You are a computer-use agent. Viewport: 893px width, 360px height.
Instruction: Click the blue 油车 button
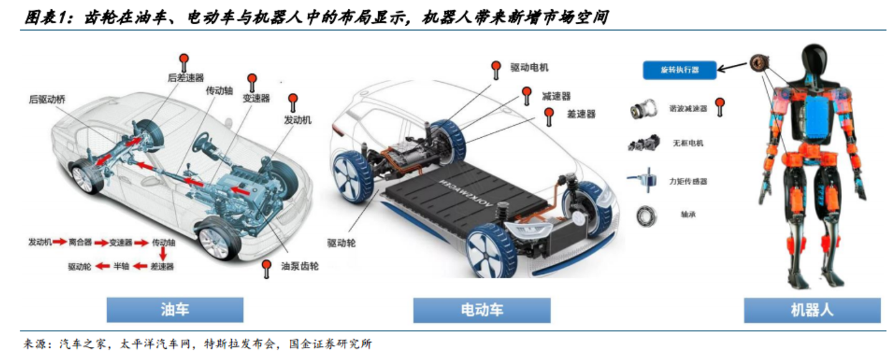(174, 310)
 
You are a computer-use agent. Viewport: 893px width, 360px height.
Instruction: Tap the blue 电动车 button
(481, 310)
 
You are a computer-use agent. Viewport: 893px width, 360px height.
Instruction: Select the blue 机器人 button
(811, 310)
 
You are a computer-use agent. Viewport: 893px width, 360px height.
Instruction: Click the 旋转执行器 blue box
(679, 70)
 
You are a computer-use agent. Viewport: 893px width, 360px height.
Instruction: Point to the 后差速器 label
(186, 78)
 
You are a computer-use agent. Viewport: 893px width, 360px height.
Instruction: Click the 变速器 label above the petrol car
(255, 98)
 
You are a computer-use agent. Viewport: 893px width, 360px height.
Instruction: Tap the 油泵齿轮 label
(300, 266)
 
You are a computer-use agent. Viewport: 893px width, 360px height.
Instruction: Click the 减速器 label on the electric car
(556, 96)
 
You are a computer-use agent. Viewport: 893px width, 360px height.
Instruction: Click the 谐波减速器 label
(687, 108)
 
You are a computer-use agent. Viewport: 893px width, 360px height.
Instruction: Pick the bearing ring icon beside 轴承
(646, 216)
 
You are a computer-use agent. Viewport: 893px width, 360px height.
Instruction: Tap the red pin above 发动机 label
(292, 100)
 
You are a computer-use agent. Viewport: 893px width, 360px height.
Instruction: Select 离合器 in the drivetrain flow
(80, 242)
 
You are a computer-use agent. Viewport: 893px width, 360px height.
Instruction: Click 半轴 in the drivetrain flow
(121, 267)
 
